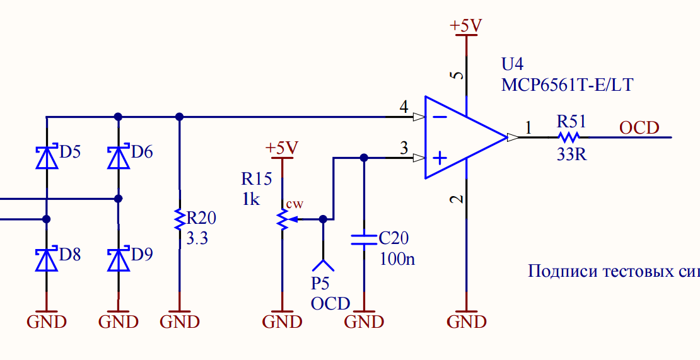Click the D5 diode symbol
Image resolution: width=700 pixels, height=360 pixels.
click(x=47, y=156)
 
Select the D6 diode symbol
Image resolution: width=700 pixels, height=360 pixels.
click(x=119, y=156)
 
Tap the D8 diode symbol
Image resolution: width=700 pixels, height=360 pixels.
click(x=47, y=258)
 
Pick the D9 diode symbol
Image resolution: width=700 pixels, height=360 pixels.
click(x=119, y=258)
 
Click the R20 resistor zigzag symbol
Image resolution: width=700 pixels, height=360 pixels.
click(x=180, y=219)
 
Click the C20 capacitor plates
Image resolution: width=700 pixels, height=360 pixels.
click(x=364, y=240)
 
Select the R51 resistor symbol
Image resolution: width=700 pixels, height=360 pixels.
click(x=569, y=137)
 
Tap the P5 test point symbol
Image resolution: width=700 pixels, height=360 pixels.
click(x=323, y=265)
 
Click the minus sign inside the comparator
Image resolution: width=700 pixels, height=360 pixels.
click(x=440, y=117)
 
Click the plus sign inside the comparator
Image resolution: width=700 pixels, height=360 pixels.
click(x=440, y=158)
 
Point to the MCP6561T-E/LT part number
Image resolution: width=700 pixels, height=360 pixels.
click(x=567, y=84)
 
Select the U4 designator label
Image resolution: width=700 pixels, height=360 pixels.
click(x=512, y=65)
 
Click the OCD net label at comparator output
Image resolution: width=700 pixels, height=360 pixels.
click(x=639, y=128)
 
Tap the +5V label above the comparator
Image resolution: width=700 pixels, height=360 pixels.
click(x=466, y=26)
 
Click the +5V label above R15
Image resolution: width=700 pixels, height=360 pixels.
click(x=282, y=148)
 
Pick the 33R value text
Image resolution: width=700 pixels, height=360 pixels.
click(x=571, y=154)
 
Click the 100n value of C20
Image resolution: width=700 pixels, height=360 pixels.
click(x=397, y=258)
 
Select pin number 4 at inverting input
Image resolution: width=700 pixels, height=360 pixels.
click(x=404, y=108)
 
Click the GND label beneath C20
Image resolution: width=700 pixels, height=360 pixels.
click(x=364, y=322)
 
